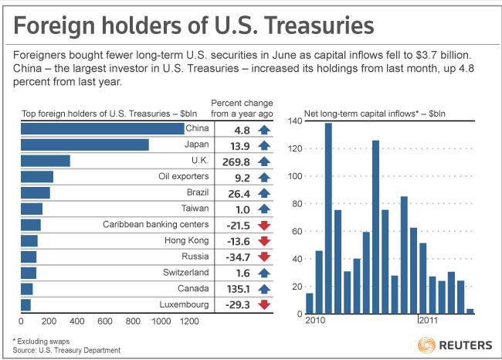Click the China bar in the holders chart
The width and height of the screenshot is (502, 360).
point(102,128)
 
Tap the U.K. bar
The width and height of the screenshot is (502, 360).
point(45,161)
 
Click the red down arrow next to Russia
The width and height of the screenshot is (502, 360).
point(264,256)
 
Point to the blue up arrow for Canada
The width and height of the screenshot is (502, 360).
point(264,288)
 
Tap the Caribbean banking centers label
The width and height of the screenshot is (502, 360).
point(155,225)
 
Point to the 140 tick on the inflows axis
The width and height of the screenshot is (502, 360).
point(293,121)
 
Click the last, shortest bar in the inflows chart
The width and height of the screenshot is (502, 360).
point(470,311)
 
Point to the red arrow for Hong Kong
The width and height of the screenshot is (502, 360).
point(264,240)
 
